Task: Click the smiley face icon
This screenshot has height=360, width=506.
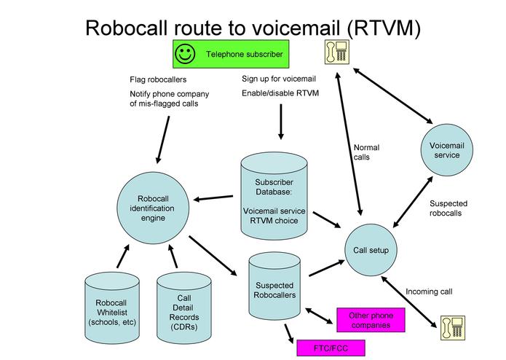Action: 186,54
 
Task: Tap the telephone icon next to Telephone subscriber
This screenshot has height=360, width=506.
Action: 336,52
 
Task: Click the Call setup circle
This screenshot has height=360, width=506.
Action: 371,250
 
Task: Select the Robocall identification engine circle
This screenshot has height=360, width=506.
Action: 157,208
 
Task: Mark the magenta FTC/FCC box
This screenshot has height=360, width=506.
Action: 330,348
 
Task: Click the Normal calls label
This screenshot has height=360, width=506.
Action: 366,152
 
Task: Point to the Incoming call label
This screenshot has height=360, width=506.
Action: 429,291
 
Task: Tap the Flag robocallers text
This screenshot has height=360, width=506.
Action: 158,79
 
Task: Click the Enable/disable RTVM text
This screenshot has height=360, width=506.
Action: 280,93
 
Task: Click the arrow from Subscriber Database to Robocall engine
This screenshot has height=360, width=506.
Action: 216,197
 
